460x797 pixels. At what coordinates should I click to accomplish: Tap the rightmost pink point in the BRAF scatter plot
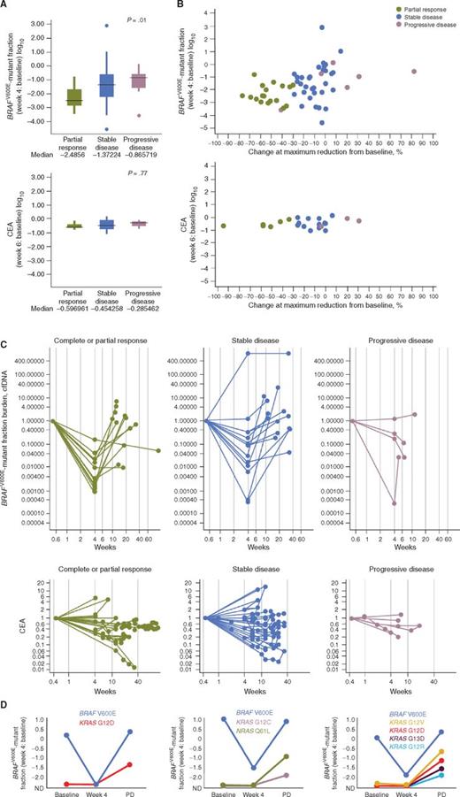(x=413, y=71)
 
